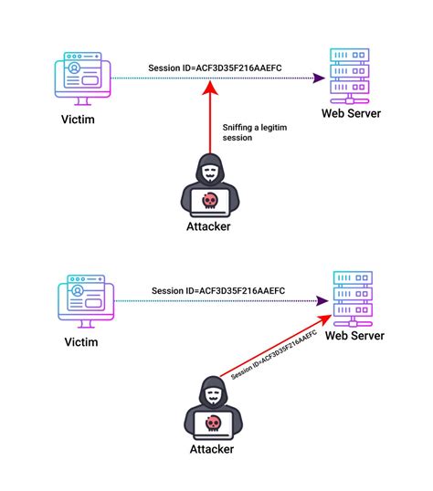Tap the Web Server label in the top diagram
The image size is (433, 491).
(x=351, y=113)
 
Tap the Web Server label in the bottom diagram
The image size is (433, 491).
(x=355, y=336)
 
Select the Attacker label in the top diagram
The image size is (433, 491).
(x=211, y=225)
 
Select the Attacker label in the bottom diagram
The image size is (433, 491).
(x=211, y=449)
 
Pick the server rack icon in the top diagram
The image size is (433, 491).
(x=351, y=75)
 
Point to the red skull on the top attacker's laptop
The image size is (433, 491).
(x=211, y=198)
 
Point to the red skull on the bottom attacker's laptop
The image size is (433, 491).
(x=211, y=423)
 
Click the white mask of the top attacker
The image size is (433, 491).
(x=211, y=171)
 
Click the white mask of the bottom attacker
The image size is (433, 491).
(x=211, y=394)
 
